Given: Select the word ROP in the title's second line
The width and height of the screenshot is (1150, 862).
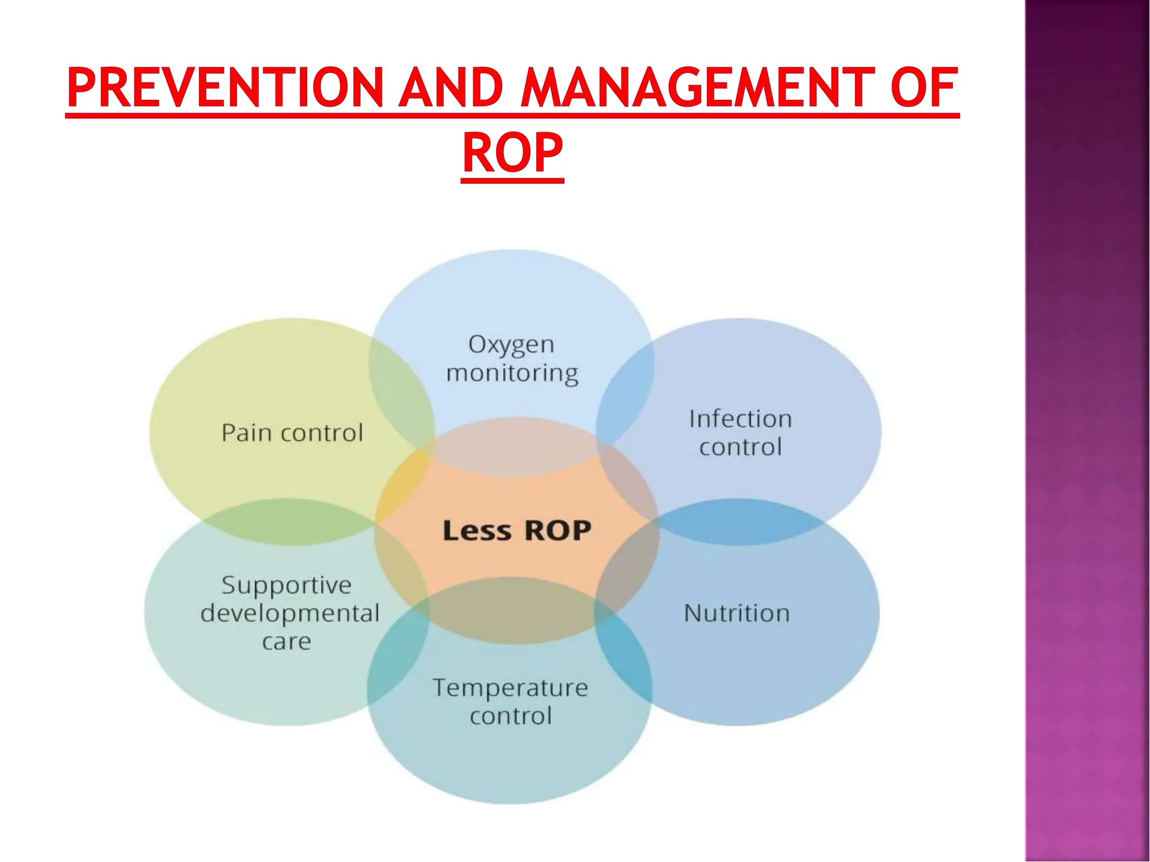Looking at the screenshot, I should pyautogui.click(x=512, y=153).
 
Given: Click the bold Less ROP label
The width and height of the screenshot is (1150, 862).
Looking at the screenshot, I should pyautogui.click(x=517, y=530).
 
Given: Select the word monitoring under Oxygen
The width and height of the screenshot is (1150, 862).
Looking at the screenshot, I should pyautogui.click(x=512, y=373).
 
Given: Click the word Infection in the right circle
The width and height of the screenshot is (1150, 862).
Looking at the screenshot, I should pyautogui.click(x=740, y=419).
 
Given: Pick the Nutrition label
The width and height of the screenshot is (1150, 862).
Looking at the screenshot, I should pyautogui.click(x=737, y=613).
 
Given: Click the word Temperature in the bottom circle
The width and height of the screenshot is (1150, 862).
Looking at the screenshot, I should pyautogui.click(x=510, y=688).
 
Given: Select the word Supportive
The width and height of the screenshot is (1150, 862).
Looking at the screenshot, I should pyautogui.click(x=286, y=585).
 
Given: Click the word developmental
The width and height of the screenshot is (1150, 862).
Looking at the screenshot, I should pyautogui.click(x=290, y=613).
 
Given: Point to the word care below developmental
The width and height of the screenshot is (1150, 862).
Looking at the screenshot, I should pyautogui.click(x=286, y=641).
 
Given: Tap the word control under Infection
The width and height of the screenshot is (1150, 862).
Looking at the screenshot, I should pyautogui.click(x=740, y=447).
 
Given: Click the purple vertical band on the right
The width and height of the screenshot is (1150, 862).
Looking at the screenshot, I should pyautogui.click(x=1087, y=431).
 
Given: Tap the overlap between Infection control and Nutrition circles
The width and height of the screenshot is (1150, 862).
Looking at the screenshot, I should pyautogui.click(x=738, y=522).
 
